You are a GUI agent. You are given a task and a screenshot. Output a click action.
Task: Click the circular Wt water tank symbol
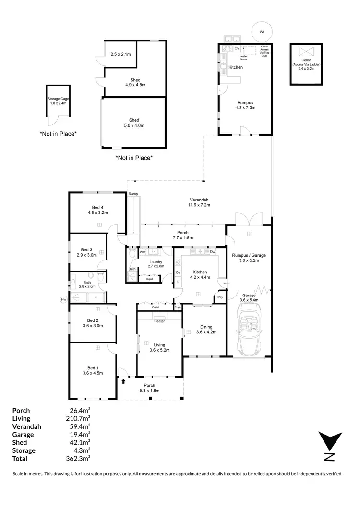point(262,32)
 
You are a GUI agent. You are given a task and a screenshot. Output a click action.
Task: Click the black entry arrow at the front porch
point(124,382)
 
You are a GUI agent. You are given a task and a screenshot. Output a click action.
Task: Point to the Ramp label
point(133,194)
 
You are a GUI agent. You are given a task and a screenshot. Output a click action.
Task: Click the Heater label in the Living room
point(159,321)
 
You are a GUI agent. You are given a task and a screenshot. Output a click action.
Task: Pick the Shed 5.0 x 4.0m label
point(134,123)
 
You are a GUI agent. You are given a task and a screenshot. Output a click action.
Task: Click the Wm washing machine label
point(143,252)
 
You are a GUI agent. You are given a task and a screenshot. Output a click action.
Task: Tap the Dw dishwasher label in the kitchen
point(212,252)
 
